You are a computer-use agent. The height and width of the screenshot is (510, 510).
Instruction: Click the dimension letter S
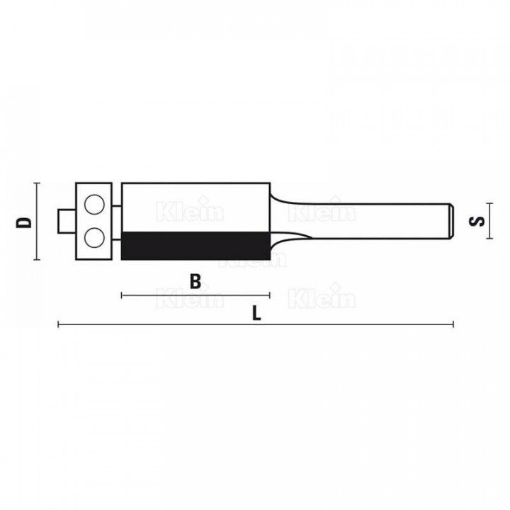coord(477,221)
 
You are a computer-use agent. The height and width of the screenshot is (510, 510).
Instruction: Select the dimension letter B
coord(195,281)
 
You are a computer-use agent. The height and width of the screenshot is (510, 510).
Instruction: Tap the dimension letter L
coord(256,314)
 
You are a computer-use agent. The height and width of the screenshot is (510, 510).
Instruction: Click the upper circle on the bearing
coord(94,205)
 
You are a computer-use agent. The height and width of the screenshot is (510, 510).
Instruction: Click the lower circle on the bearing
coord(94,237)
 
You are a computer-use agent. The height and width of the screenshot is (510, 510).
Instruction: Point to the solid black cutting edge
coord(195,246)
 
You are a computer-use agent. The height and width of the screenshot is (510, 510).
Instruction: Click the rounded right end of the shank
coord(452,221)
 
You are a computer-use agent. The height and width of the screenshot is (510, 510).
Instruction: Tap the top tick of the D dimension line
coord(37,183)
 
